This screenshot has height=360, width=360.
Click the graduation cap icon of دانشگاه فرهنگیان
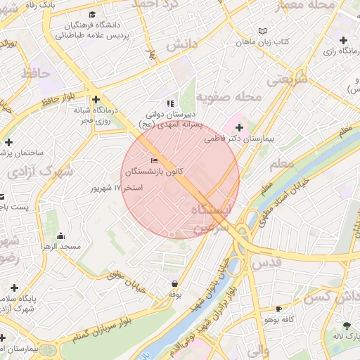pos(91,14)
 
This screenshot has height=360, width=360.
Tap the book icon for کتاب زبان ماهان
pos(263,32)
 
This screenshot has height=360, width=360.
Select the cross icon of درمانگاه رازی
pos(343,40)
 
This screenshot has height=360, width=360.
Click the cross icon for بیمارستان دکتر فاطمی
pos(240,127)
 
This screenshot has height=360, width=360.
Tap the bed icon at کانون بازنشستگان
pos(155,162)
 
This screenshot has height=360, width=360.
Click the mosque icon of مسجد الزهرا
pos(60,236)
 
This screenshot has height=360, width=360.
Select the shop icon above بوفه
pos(174,283)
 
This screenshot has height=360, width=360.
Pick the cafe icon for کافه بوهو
pos(279,309)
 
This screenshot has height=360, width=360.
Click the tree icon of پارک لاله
pos(347,326)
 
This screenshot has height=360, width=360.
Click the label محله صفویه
pos(228,96)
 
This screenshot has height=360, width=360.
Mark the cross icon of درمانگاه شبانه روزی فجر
pos(96,100)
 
